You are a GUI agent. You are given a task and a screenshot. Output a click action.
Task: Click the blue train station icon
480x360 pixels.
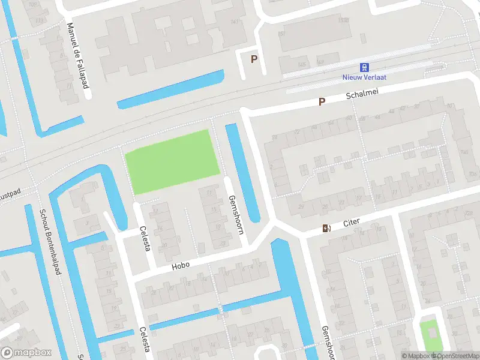pos(364,68)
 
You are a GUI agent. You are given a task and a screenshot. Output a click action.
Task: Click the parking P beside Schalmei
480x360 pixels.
pos(322,102)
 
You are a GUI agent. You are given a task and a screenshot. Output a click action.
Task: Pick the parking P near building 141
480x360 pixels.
pos(254,59)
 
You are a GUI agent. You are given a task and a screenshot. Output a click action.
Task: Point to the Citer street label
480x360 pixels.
pos(351,223)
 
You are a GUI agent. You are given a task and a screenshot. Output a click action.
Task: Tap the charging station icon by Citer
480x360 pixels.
pos(326,228)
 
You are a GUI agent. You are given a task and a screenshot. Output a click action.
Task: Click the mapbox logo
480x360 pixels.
pos(26,352)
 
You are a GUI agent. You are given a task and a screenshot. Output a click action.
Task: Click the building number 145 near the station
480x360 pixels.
pos(302,65)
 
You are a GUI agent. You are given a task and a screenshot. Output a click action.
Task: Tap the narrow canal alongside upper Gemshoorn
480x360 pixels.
pos(244,171)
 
